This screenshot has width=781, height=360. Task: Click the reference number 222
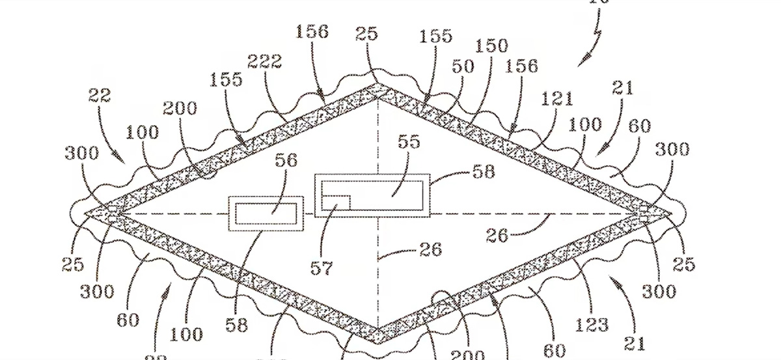[x=265, y=62]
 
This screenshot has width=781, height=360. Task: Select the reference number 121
[x=558, y=99]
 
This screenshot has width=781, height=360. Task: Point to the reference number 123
[x=592, y=324]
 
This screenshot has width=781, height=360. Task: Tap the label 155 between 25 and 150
[x=436, y=36]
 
